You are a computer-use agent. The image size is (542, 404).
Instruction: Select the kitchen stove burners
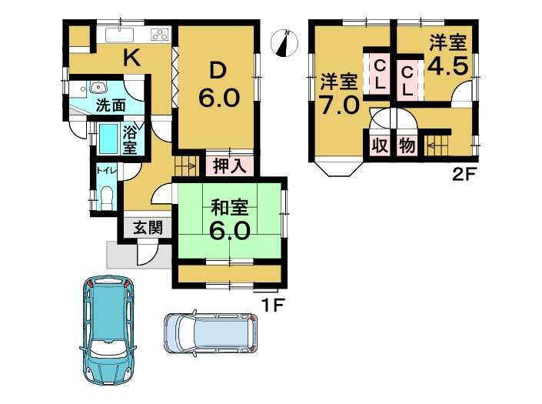tap(160, 35)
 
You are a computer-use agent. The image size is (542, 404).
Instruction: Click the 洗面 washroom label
tap(111, 105)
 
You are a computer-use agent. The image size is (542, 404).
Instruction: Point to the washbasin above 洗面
tap(98, 87)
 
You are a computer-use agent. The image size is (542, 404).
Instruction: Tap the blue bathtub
tap(109, 139)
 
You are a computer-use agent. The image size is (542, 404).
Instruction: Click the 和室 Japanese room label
tap(228, 206)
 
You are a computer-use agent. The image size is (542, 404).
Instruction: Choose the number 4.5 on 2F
tap(447, 66)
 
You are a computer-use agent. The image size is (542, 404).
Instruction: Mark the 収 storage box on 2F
tap(379, 145)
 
